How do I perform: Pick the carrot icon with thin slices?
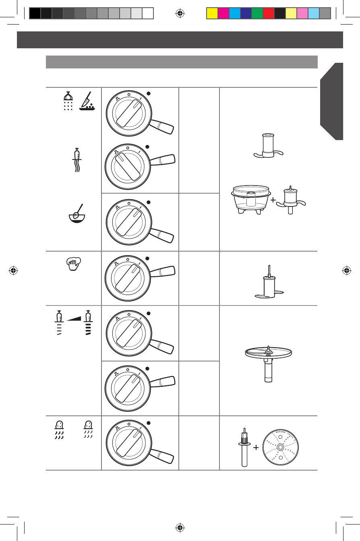click(60, 322)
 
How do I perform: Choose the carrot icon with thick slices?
click(88, 322)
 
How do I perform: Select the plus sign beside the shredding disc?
click(255, 448)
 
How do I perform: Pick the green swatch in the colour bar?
click(257, 14)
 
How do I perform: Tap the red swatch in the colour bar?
click(268, 14)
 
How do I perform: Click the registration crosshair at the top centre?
click(180, 13)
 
